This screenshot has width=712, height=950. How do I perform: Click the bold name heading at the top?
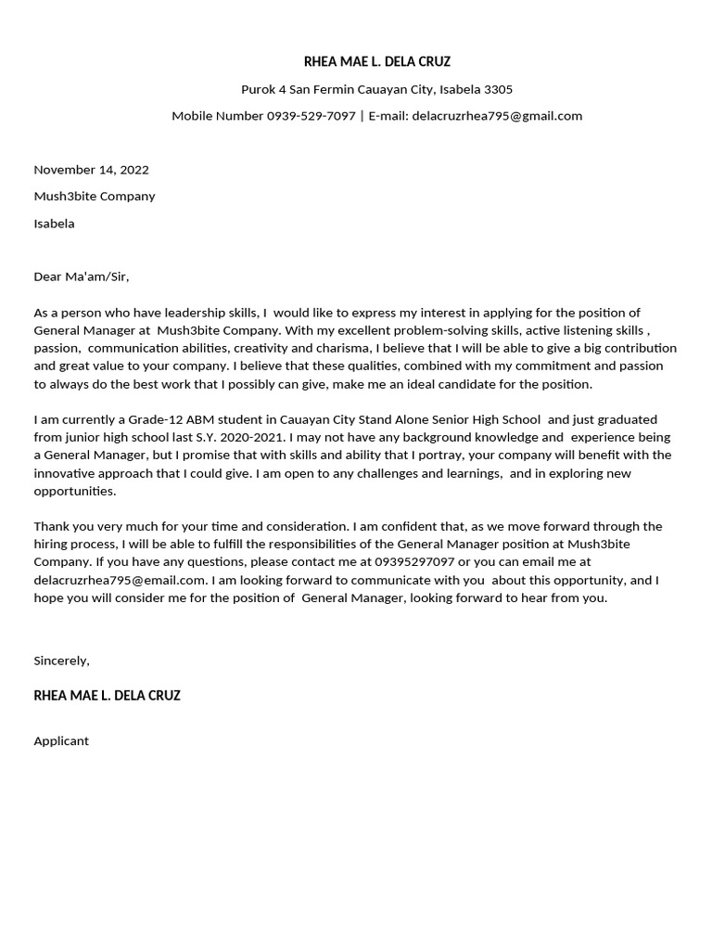376,62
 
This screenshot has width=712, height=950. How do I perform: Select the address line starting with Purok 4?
376,89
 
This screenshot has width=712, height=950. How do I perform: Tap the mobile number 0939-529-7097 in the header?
311,116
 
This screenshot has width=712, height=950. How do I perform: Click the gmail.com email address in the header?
497,116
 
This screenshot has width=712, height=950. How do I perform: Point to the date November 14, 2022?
91,170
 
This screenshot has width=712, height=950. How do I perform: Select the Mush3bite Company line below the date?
95,197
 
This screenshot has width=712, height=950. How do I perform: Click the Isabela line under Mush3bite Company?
54,224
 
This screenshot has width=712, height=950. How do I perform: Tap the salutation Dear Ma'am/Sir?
82,276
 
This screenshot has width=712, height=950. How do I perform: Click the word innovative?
68,473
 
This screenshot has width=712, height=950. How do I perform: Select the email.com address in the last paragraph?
119,580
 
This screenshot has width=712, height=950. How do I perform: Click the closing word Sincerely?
61,661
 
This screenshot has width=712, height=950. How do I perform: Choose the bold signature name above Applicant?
107,696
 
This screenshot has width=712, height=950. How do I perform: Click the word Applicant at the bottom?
61,741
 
